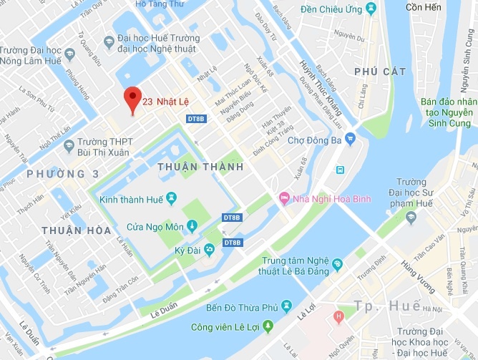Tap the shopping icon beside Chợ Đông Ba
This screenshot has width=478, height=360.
(350, 140)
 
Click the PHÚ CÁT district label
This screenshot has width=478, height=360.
(379, 72)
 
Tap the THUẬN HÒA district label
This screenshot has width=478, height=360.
(76, 230)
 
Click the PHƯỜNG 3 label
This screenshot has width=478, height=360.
(62, 174)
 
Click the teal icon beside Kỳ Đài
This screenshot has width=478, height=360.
(209, 249)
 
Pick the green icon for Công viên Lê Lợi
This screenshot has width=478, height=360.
(268, 326)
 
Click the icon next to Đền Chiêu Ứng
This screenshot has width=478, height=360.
(370, 9)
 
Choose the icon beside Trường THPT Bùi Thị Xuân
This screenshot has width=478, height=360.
(69, 147)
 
